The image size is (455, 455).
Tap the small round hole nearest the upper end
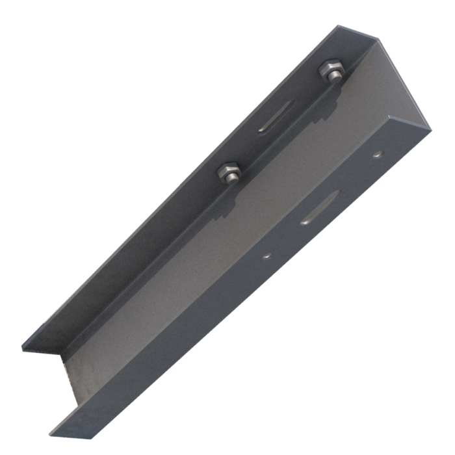point(378,155)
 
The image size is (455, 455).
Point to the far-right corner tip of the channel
point(430,129)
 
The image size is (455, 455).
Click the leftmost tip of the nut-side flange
point(23,348)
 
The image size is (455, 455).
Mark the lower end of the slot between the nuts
point(262,131)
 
